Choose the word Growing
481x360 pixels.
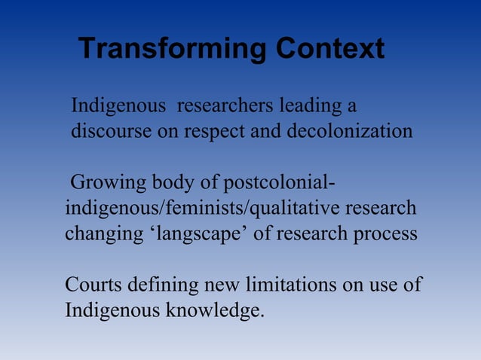(107, 184)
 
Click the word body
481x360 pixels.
(176, 184)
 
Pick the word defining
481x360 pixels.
(161, 285)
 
